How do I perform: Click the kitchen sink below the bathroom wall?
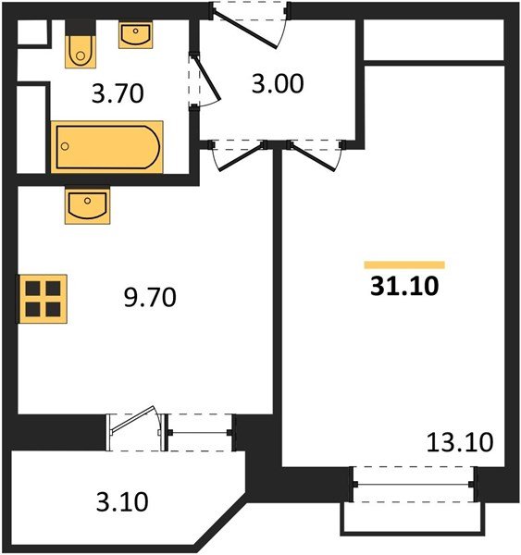(88, 204)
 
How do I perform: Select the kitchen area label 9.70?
(148, 298)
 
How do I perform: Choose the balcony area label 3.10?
(121, 503)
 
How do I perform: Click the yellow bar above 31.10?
(404, 265)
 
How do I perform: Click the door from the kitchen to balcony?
(136, 430)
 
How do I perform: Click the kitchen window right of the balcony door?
(201, 430)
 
